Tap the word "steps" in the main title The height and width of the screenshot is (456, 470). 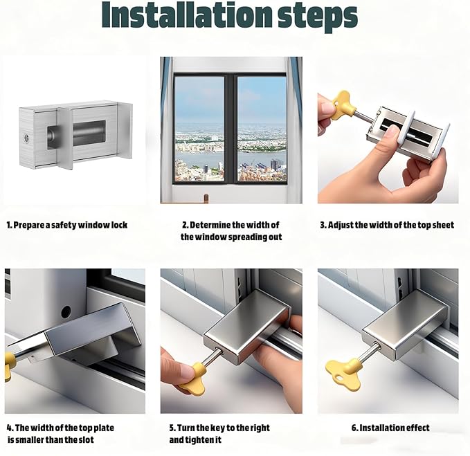[x=318, y=17]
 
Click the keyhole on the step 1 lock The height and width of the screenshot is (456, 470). [x=27, y=138]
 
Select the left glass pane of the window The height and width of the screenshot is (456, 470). [x=199, y=129]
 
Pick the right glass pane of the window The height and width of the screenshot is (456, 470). [x=262, y=129]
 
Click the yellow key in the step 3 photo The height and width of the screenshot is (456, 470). [x=343, y=105]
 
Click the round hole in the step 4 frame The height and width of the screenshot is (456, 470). [x=66, y=312]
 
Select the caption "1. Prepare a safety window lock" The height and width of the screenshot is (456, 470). [x=67, y=225]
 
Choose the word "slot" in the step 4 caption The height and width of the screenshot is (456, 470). [x=87, y=440]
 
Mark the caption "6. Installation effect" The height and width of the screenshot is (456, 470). [x=390, y=428]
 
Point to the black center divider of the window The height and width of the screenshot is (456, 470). [x=231, y=129]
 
